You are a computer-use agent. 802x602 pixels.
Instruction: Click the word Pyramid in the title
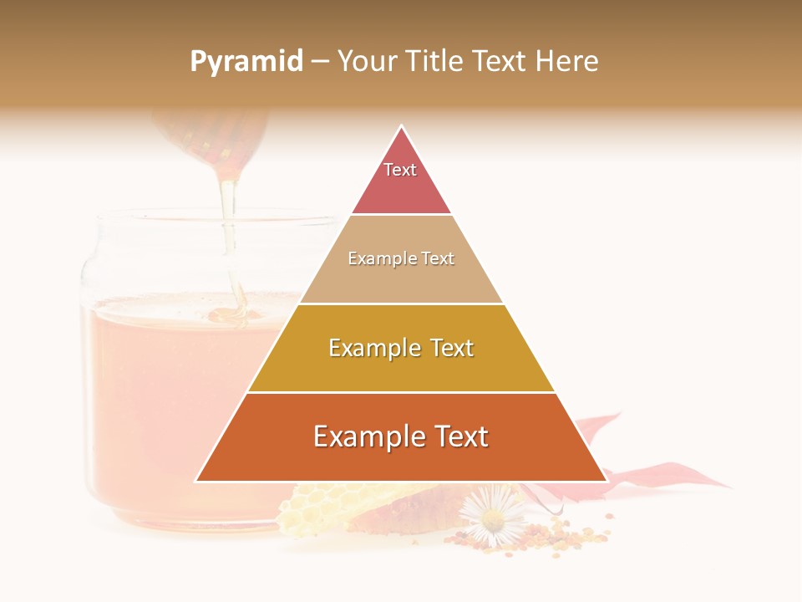[x=246, y=62]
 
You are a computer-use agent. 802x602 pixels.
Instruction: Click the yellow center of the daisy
[x=493, y=521]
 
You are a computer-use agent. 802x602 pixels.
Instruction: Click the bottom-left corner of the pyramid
[x=197, y=481]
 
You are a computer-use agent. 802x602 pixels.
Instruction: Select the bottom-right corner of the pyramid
[x=606, y=481]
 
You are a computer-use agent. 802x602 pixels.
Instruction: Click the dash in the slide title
[x=320, y=63]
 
